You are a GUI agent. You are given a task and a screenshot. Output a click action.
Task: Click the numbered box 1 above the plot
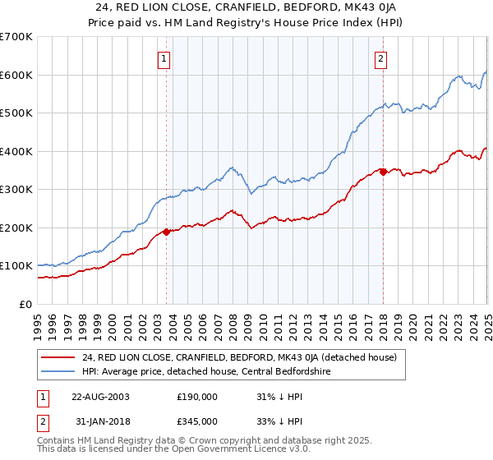click(x=165, y=58)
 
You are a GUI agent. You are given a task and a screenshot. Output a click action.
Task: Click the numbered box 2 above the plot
click(x=382, y=58)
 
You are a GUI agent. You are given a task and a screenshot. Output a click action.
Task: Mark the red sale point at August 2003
click(x=166, y=232)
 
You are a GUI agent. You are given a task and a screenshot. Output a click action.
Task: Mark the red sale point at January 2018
click(x=383, y=172)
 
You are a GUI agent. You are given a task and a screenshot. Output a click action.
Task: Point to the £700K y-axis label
click(x=16, y=37)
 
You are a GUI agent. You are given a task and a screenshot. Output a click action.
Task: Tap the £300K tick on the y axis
click(x=16, y=190)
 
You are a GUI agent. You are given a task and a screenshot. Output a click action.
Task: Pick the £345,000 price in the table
click(x=197, y=421)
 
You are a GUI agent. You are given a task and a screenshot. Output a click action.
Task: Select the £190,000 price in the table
click(x=197, y=396)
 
